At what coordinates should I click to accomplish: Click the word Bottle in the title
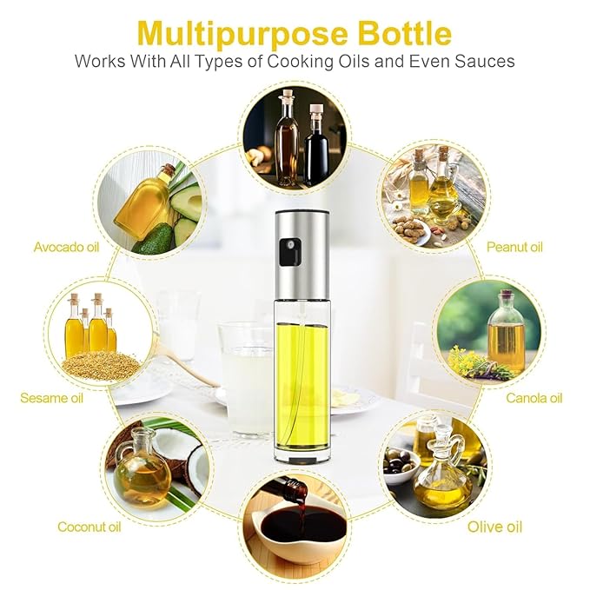pyautogui.click(x=405, y=33)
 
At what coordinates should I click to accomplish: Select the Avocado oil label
pyautogui.click(x=66, y=247)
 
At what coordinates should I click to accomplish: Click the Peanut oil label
pyautogui.click(x=514, y=247)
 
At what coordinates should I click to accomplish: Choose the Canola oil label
pyautogui.click(x=534, y=398)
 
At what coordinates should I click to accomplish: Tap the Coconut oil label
pyautogui.click(x=89, y=527)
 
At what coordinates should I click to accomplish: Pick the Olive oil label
pyautogui.click(x=494, y=527)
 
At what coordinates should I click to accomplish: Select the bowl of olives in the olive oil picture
pyautogui.click(x=401, y=464)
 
